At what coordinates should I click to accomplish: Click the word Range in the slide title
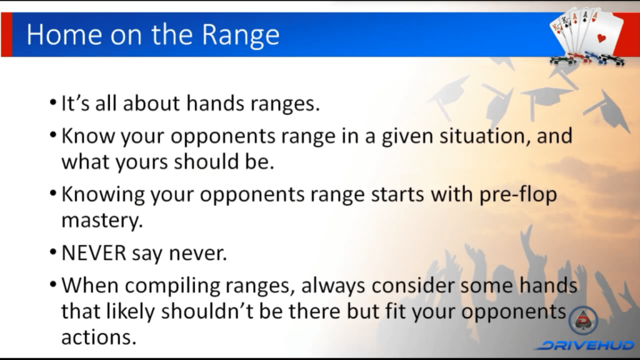(241, 36)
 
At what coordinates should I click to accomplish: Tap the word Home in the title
(64, 34)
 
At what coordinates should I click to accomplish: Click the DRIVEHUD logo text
(585, 345)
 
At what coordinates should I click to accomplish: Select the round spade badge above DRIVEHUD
(583, 321)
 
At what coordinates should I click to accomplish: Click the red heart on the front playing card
(601, 38)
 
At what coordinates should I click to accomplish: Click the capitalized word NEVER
(94, 253)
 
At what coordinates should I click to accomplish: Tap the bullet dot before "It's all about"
(53, 102)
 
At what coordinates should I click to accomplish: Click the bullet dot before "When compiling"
(53, 284)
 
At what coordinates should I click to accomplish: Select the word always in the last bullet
(333, 286)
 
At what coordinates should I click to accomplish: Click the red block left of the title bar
(6, 34)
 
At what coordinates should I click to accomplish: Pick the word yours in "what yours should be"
(142, 162)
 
